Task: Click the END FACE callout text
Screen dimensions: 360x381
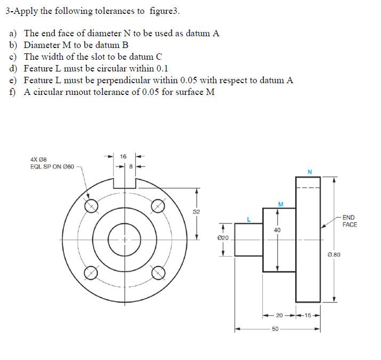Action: pos(350,221)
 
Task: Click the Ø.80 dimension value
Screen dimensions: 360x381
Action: pos(334,255)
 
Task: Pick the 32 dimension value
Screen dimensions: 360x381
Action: pos(197,212)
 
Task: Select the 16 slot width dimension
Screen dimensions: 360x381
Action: pos(123,156)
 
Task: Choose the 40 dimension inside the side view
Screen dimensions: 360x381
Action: pos(277,230)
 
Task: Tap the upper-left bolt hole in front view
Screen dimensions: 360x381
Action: pos(91,205)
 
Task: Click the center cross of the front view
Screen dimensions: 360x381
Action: pos(125,239)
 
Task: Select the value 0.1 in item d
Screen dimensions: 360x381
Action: pos(162,69)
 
